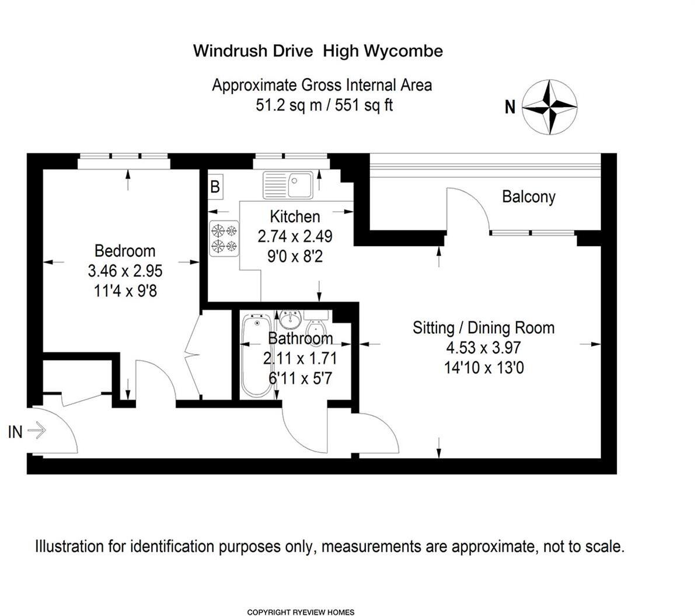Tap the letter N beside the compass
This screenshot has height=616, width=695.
click(x=510, y=107)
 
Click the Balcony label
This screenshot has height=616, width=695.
click(x=529, y=197)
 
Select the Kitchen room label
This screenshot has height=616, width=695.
click(x=295, y=216)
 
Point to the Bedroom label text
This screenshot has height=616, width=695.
click(x=125, y=251)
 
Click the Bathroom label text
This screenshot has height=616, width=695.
click(x=301, y=338)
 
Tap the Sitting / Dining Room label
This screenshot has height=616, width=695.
click(x=483, y=328)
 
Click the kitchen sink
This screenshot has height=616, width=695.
click(x=289, y=184)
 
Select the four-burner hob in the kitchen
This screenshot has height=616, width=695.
click(x=225, y=237)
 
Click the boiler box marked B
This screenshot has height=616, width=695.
click(x=215, y=187)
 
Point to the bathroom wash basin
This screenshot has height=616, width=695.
click(x=289, y=319)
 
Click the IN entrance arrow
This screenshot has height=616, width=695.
click(x=36, y=431)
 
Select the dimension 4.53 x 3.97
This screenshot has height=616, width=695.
click(x=483, y=348)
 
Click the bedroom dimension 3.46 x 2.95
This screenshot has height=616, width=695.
click(x=125, y=271)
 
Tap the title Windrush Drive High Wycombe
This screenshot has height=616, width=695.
click(x=318, y=51)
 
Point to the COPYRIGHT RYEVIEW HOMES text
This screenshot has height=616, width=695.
click(x=301, y=612)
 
